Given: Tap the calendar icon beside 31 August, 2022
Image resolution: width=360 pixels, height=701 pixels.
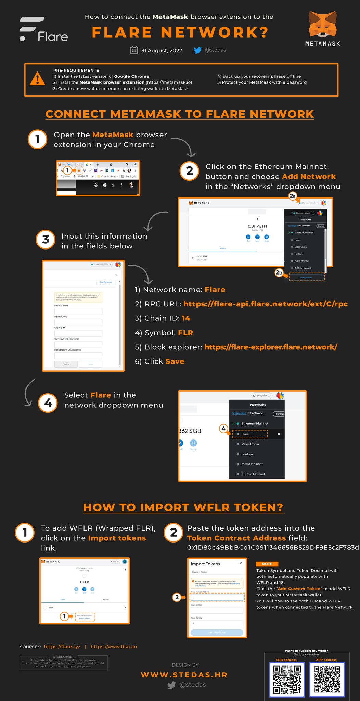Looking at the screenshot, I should tap(134, 50).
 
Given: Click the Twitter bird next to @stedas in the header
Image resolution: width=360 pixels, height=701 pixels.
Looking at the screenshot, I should tap(197, 50).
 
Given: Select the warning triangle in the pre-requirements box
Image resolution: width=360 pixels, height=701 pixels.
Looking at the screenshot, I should tap(37, 79).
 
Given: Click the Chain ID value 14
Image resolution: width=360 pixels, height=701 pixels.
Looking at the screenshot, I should tap(186, 318).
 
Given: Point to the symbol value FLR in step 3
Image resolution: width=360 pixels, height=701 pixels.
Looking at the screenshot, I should tap(185, 333).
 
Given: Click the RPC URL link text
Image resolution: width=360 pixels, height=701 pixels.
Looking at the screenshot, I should tap(265, 304).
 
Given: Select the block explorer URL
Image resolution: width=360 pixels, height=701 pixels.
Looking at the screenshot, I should tap(271, 347).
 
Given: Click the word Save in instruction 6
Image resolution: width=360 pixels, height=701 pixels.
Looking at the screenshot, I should tap(175, 361).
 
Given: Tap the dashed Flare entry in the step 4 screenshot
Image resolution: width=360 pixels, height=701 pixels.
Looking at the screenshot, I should tap(250, 434).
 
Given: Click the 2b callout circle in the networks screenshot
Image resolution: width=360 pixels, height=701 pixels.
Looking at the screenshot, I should tap(279, 273).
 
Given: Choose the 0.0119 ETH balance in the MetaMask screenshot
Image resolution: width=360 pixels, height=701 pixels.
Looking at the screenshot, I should tap(257, 226).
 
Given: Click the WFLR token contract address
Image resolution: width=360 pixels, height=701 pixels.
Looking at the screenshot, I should tap(273, 548).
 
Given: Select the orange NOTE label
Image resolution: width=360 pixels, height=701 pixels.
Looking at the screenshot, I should tap(267, 564).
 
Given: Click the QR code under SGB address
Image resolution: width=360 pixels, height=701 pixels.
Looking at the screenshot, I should tap(287, 679).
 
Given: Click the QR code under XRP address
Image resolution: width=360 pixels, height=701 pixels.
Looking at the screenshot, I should tap(327, 679).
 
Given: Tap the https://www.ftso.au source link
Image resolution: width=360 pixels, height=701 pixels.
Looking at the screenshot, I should tap(114, 647).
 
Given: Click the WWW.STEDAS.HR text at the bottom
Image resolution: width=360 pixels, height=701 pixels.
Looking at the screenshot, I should tap(184, 675).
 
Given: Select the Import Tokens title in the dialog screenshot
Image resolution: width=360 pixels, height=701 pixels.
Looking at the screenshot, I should tap(205, 564).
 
